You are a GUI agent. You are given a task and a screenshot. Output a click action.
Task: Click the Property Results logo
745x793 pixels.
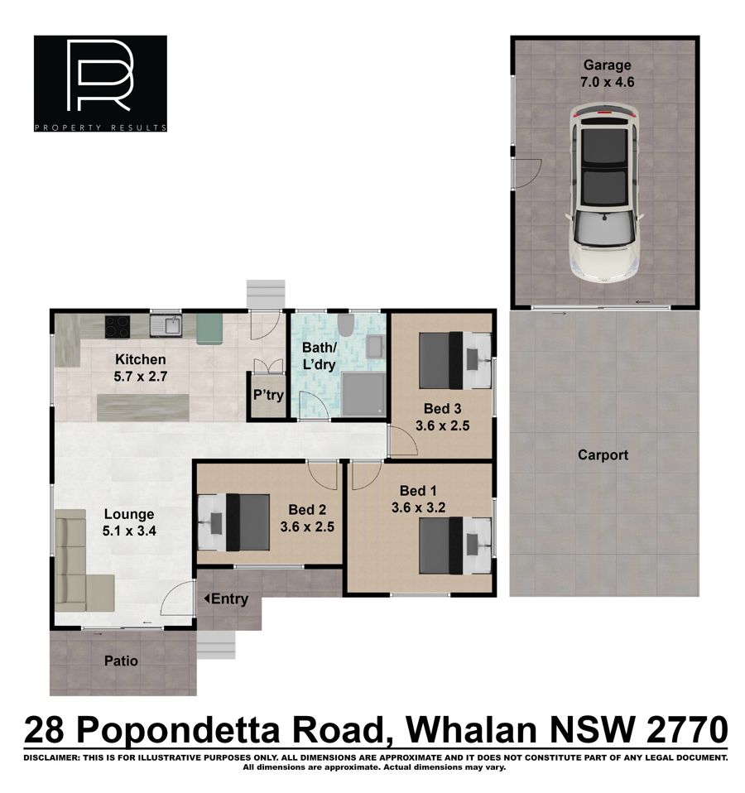tap(100, 84)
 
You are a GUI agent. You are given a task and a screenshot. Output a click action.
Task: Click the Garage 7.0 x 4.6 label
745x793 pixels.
tap(607, 74)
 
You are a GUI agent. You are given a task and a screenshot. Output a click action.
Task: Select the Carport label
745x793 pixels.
tap(603, 454)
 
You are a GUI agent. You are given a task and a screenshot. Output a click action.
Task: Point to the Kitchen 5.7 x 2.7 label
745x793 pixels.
tap(140, 368)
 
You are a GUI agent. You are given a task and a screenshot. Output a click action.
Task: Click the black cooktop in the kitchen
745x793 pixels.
tap(118, 327)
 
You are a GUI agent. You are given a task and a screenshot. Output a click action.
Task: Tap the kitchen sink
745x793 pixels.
tap(166, 325)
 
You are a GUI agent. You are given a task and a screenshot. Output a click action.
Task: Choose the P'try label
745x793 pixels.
tap(268, 395)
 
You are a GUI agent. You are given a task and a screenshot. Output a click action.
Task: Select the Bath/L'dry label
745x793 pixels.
tap(320, 356)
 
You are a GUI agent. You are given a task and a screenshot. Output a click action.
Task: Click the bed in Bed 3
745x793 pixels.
tap(455, 360)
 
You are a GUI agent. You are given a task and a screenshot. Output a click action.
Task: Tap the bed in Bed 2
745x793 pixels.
tap(233, 522)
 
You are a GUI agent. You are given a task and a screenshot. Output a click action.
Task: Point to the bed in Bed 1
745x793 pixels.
tap(455, 545)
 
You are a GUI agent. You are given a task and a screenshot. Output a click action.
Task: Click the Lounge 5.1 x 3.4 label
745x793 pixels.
tap(129, 522)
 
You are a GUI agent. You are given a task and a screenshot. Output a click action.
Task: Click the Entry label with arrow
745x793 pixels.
tap(226, 598)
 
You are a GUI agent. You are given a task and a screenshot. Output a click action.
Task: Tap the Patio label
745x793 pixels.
tap(121, 661)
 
